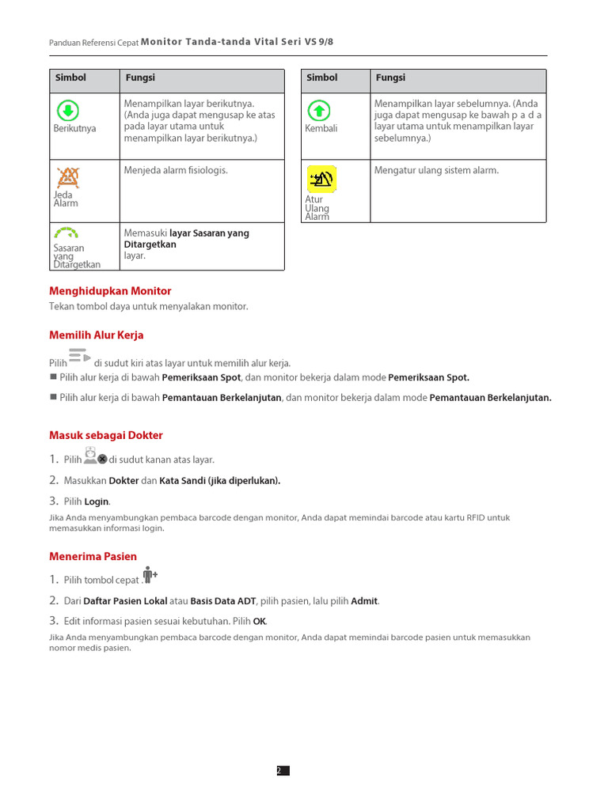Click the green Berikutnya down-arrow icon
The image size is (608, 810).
coord(68,110)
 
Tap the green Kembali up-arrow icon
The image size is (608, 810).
coord(318,110)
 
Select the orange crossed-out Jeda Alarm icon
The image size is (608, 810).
coord(68,176)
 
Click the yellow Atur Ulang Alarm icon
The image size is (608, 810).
coord(321,180)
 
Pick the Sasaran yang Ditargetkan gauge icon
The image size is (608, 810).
coord(67,233)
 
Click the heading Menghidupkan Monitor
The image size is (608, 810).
coord(110,291)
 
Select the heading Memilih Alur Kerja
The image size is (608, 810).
coord(97,335)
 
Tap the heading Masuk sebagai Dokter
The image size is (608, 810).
coord(106,435)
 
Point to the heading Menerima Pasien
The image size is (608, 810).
coord(93,557)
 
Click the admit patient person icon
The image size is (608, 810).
coord(150,575)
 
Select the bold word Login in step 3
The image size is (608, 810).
coord(97,502)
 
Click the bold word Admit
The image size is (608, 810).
coord(364,601)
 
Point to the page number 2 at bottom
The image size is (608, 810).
coord(279,770)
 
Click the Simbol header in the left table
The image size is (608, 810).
coord(70,78)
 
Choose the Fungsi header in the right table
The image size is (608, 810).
coord(390,78)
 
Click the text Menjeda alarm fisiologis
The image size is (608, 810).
coord(176,170)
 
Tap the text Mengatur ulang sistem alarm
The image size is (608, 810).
coord(436,170)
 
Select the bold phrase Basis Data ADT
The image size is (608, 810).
coord(223,601)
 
